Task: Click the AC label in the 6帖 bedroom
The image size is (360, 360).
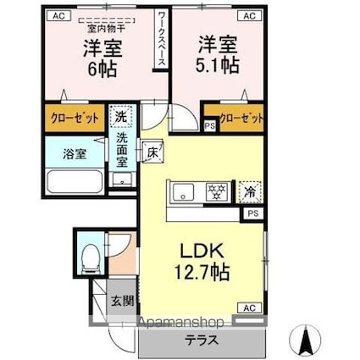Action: [60, 14]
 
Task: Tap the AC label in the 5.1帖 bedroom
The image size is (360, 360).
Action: [249, 14]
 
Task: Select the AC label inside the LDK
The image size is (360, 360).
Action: [251, 307]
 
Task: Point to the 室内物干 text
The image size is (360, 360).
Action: [99, 28]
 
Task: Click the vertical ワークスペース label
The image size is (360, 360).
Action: [162, 40]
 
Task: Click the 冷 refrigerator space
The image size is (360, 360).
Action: [249, 191]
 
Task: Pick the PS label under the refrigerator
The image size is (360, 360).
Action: [252, 214]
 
